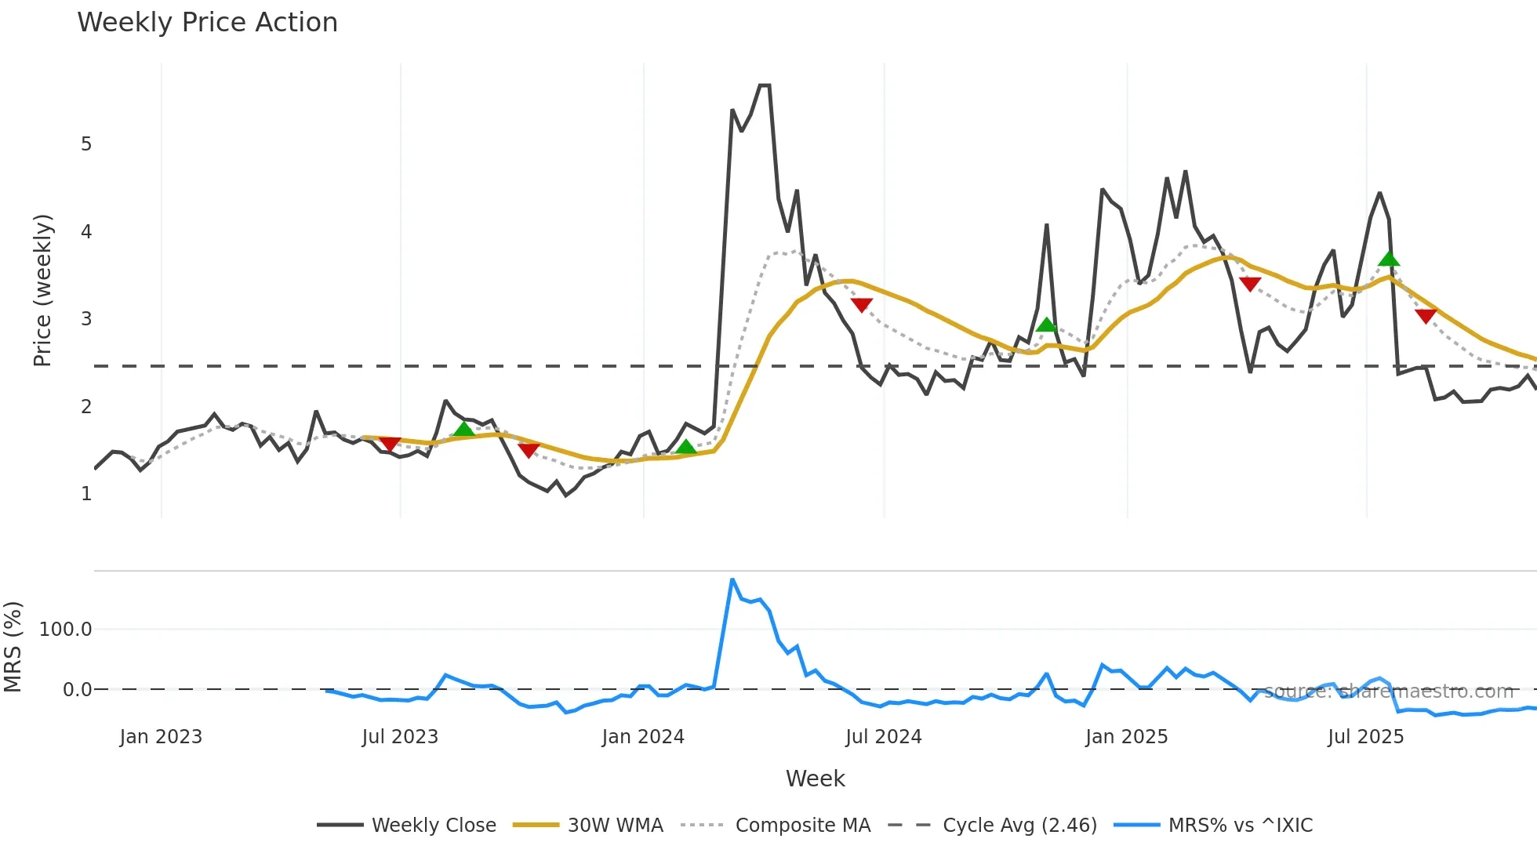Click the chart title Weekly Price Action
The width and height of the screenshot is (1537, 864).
click(x=207, y=23)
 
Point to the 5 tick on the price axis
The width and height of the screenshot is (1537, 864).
click(x=86, y=144)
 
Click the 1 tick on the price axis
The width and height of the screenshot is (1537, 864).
click(x=86, y=494)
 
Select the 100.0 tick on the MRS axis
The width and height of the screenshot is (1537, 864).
click(x=66, y=630)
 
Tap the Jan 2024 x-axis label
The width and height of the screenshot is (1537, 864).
click(x=643, y=737)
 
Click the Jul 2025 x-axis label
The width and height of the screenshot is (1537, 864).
click(x=1365, y=737)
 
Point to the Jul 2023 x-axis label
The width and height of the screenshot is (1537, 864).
click(x=400, y=737)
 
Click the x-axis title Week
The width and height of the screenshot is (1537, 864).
click(x=815, y=779)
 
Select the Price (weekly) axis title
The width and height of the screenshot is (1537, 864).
click(x=42, y=290)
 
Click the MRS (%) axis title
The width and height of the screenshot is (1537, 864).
click(x=13, y=647)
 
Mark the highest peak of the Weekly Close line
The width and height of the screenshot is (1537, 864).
click(x=765, y=85)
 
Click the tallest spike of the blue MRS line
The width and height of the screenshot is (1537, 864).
click(x=732, y=579)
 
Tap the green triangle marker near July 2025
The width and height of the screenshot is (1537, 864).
click(x=1389, y=259)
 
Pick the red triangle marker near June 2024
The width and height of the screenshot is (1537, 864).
click(x=861, y=305)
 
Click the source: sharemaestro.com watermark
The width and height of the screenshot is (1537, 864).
click(x=1388, y=692)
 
